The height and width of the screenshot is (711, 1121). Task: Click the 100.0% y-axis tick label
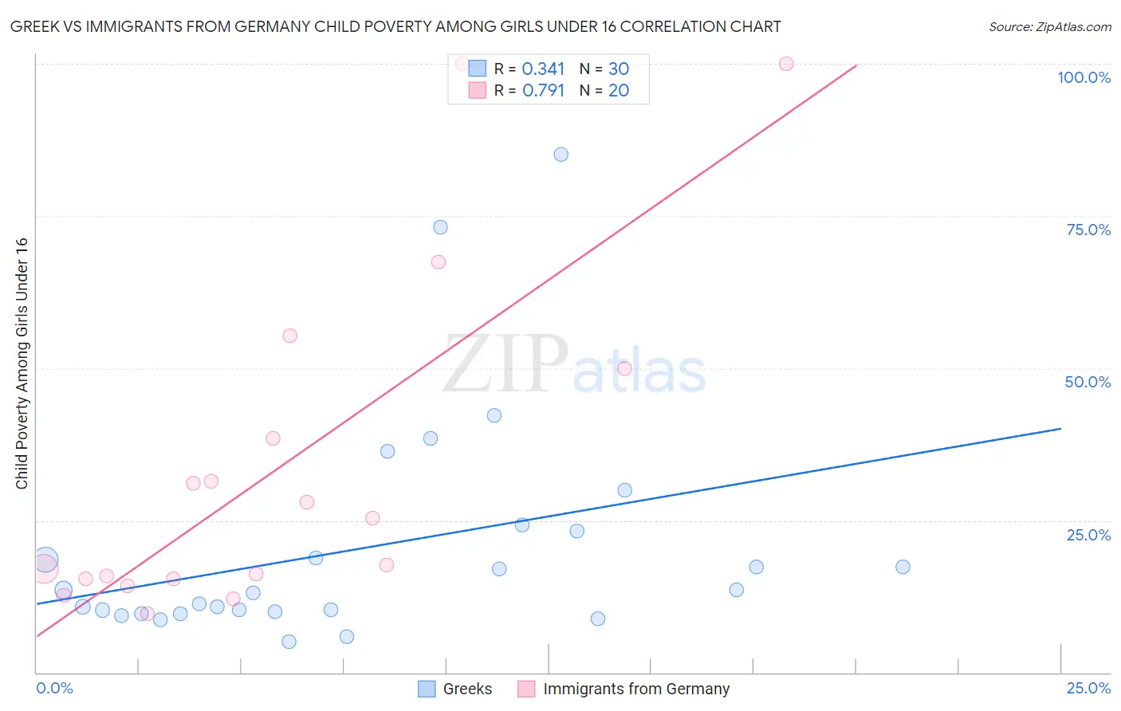click(x=1084, y=77)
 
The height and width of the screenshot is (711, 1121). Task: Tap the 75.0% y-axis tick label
click(x=1088, y=230)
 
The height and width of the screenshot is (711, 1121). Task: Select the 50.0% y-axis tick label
click(x=1088, y=382)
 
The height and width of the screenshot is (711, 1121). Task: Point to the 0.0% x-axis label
click(x=54, y=688)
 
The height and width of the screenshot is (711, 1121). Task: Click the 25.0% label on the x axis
click(x=1088, y=688)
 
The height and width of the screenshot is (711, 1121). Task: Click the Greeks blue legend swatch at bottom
click(x=427, y=689)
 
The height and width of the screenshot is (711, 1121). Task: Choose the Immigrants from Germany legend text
click(x=636, y=689)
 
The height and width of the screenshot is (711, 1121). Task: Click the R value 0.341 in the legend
click(x=543, y=69)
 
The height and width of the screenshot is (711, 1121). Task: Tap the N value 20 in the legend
click(x=619, y=91)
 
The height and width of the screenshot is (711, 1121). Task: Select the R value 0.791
click(x=543, y=91)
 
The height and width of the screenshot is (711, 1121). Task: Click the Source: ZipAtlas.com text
click(x=1049, y=27)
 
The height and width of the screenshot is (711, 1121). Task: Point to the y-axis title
click(x=22, y=363)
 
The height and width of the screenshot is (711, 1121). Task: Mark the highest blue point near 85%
click(x=561, y=155)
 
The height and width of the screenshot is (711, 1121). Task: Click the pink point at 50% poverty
click(x=625, y=368)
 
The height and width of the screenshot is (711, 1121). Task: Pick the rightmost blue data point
click(x=903, y=567)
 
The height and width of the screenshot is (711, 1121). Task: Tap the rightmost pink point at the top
click(x=786, y=64)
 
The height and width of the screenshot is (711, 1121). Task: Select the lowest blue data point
click(x=289, y=642)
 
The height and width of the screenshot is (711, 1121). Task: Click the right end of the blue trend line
click(x=1060, y=429)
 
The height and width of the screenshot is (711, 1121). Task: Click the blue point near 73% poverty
click(x=440, y=227)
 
